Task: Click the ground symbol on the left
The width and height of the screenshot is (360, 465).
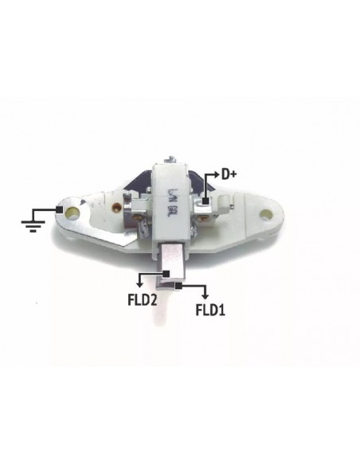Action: [31, 220]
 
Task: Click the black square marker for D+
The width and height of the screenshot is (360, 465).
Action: [205, 202]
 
